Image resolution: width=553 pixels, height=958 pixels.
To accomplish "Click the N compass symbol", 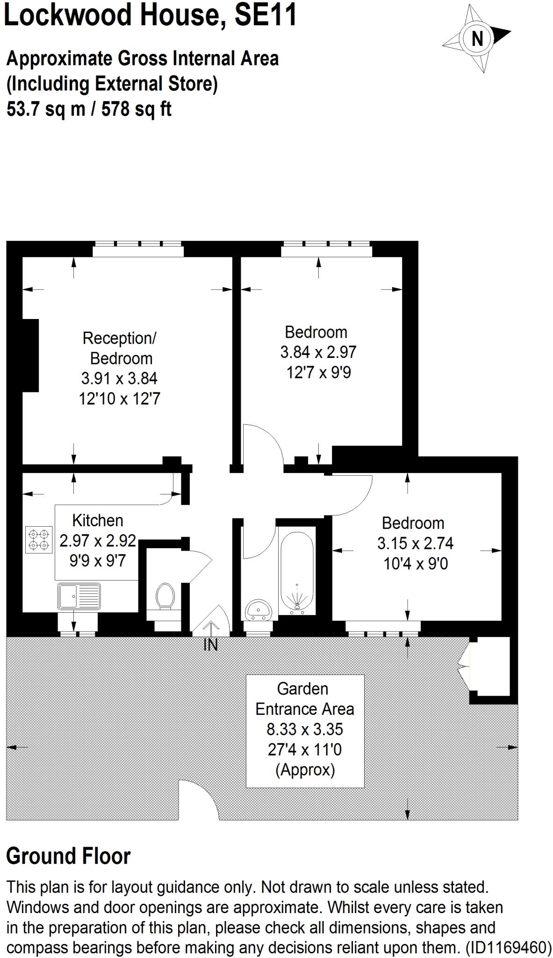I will pyautogui.click(x=476, y=38).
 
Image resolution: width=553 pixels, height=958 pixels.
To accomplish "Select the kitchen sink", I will pyautogui.click(x=79, y=596).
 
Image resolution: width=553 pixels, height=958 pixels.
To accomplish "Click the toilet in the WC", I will pyautogui.click(x=164, y=596).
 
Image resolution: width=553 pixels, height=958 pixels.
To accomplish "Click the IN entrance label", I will pyautogui.click(x=210, y=645).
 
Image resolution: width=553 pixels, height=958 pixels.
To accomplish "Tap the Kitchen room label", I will pyautogui.click(x=98, y=520).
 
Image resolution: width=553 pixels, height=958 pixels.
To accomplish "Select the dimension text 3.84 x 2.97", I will pyautogui.click(x=318, y=352).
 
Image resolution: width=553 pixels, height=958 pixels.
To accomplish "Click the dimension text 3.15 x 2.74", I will pyautogui.click(x=415, y=543).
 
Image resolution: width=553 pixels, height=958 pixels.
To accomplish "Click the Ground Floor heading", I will pyautogui.click(x=68, y=856).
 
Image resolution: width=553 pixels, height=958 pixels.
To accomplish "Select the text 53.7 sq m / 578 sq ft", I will pyautogui.click(x=89, y=109).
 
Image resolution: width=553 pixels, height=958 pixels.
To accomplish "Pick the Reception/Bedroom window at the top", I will pyautogui.click(x=138, y=249).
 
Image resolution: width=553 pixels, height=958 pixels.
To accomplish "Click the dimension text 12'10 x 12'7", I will pyautogui.click(x=120, y=399).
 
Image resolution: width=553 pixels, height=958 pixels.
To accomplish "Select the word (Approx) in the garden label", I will pyautogui.click(x=305, y=770).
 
